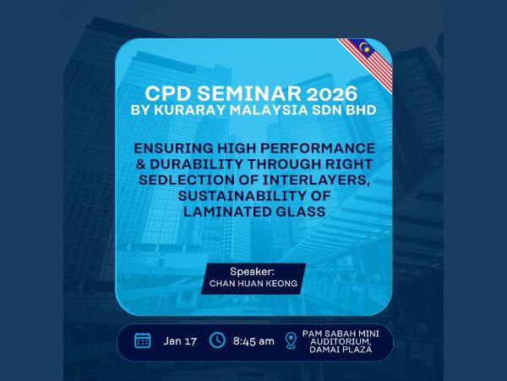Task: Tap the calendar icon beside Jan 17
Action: coord(143,340)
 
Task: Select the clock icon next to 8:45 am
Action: coord(217,340)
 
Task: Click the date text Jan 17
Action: coord(179,340)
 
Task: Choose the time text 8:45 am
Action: coord(254,340)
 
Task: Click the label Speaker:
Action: coord(253,273)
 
